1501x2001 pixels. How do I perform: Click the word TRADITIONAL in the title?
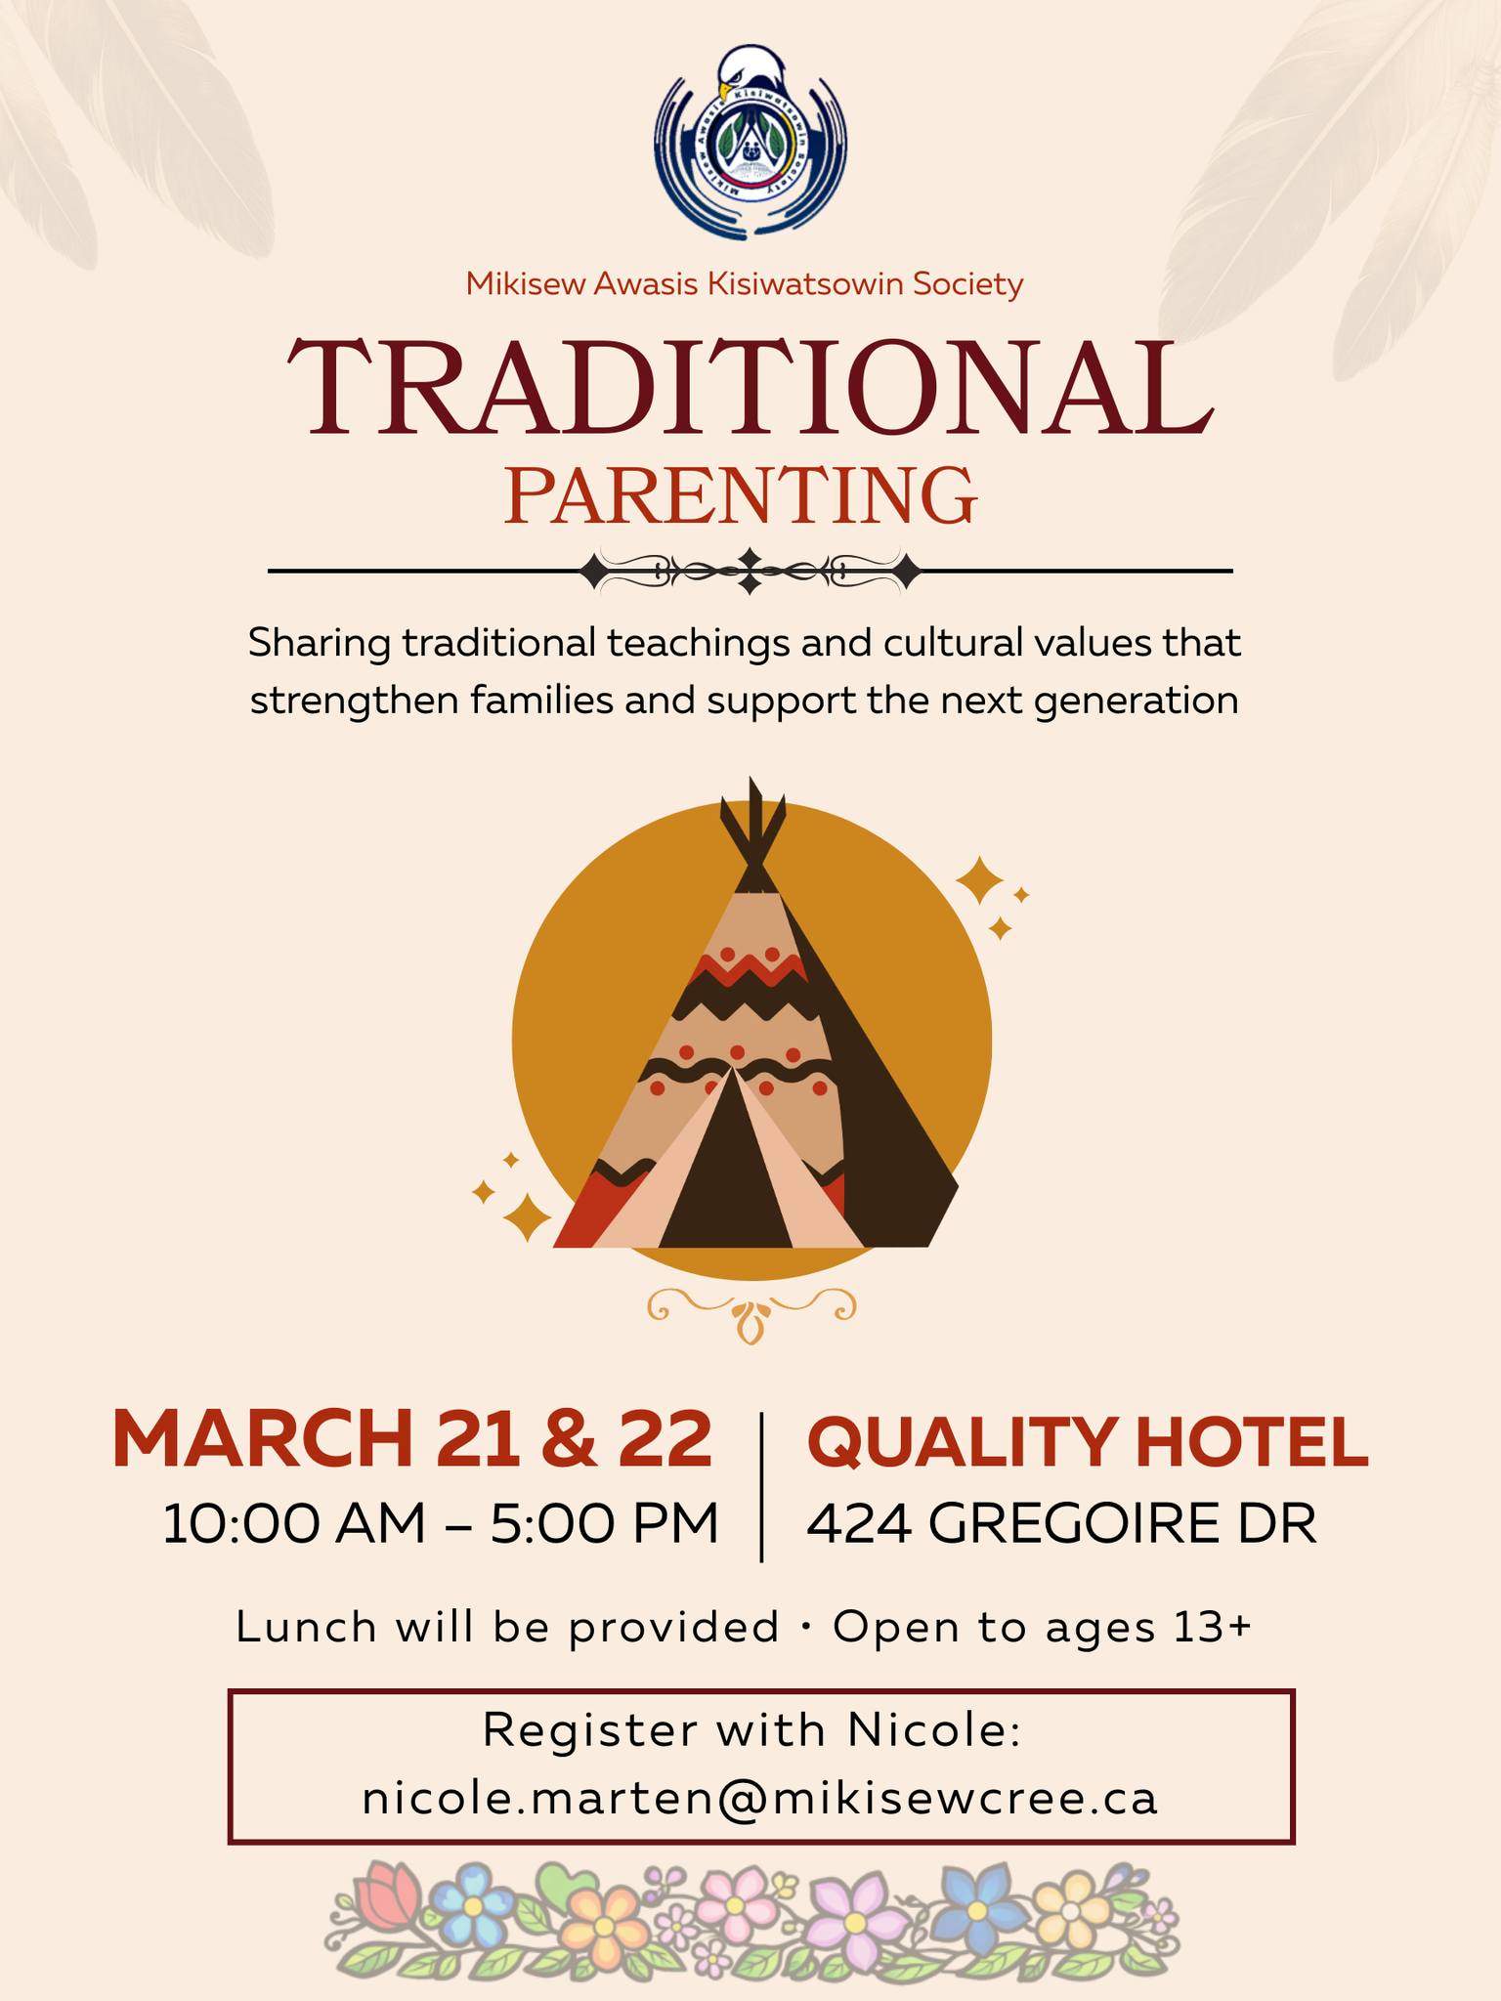tap(750, 388)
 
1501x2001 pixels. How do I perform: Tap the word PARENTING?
tap(742, 496)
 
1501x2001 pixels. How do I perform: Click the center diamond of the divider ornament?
tap(750, 571)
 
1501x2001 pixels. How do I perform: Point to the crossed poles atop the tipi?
tap(752, 830)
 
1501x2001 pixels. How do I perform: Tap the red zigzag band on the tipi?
tap(749, 967)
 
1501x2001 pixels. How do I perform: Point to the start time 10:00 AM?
tap(294, 1523)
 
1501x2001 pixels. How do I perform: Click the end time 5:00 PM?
tap(605, 1523)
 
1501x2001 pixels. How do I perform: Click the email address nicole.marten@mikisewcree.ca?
tap(760, 1798)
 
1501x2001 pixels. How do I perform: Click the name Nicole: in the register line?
tap(934, 1730)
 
